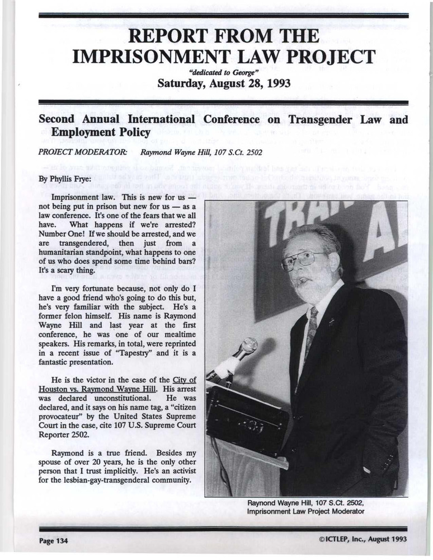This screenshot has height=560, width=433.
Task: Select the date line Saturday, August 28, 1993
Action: coord(223,84)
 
